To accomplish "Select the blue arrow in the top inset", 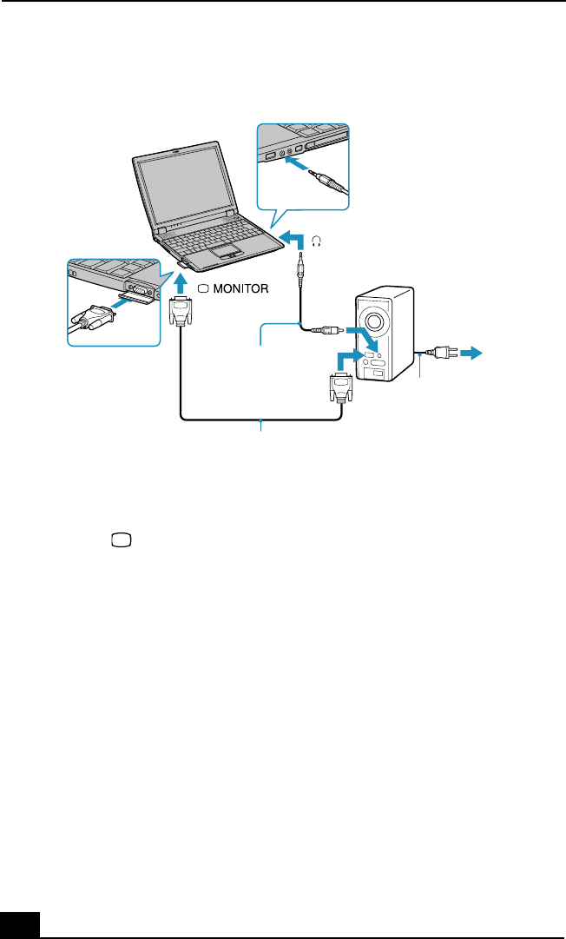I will click(298, 169).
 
